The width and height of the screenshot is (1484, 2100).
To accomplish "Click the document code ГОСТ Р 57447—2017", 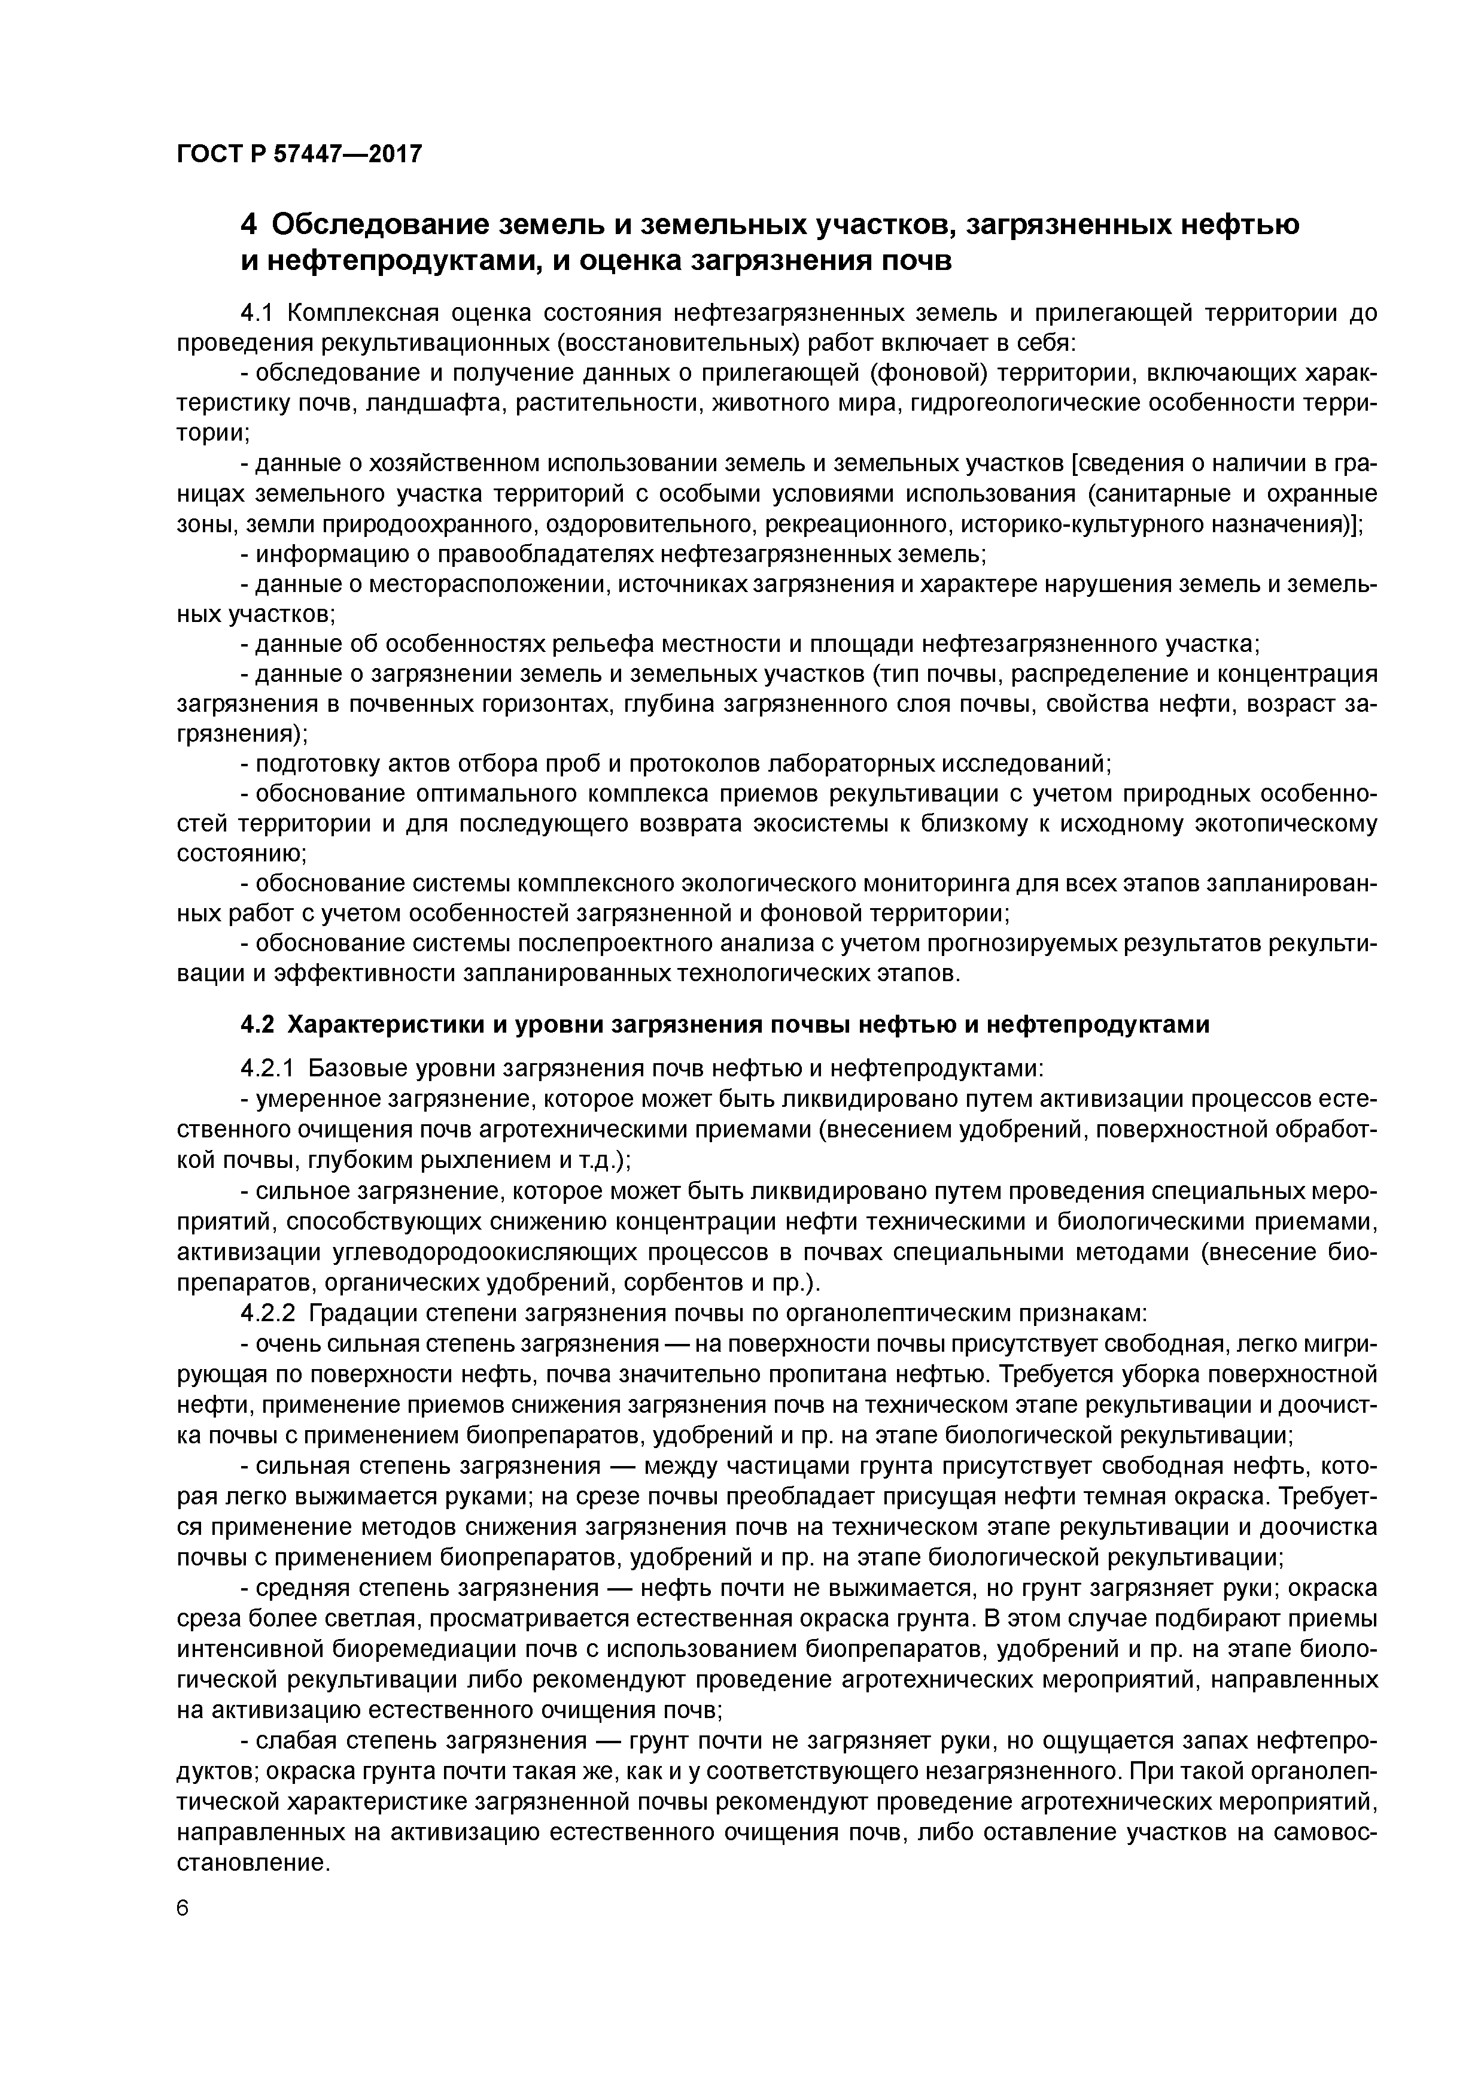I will (x=299, y=154).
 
